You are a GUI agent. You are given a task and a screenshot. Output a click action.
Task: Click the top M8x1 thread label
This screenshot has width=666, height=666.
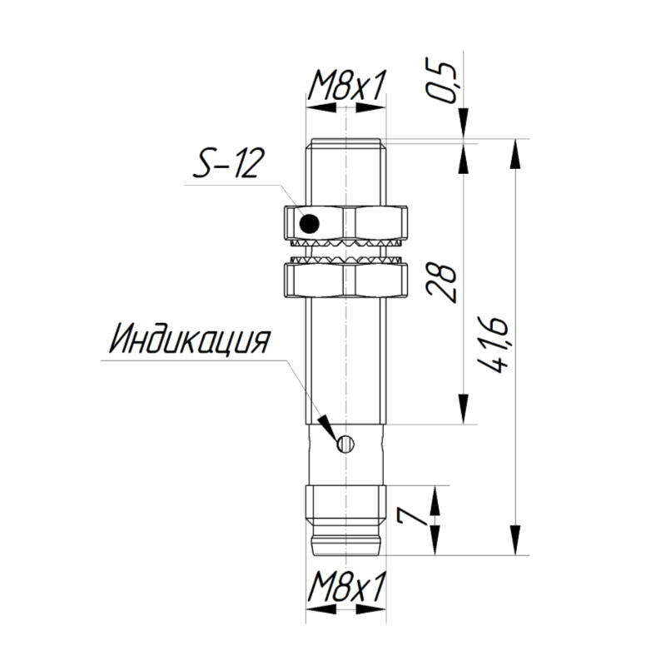click(x=346, y=85)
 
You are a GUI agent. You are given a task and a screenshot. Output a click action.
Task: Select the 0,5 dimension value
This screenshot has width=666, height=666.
click(x=441, y=82)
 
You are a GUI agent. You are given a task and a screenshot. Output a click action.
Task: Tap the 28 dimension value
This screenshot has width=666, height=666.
click(x=441, y=283)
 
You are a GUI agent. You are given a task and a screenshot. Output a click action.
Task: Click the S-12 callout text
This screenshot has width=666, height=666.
click(x=228, y=163)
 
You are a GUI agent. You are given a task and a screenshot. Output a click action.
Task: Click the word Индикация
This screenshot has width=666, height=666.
click(x=190, y=339)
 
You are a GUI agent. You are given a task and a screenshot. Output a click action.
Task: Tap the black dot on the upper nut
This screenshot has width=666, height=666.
click(x=309, y=223)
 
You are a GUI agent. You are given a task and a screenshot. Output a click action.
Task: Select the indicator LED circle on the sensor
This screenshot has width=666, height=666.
click(x=345, y=445)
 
